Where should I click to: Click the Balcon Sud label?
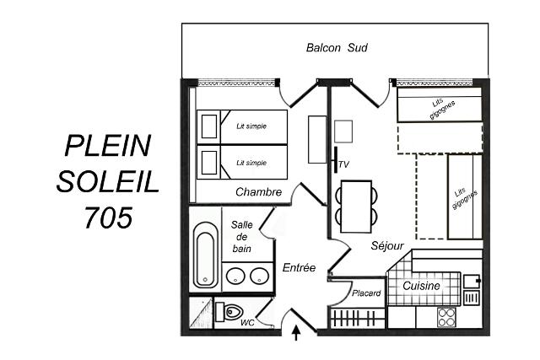click(337, 47)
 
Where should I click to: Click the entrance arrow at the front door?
click(296, 333)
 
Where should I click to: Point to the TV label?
click(343, 164)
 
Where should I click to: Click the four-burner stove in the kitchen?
click(446, 317)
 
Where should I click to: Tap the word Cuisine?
click(421, 286)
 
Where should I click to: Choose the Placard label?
click(366, 293)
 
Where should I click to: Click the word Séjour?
click(387, 245)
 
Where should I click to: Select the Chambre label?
click(259, 191)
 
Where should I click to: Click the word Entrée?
click(299, 267)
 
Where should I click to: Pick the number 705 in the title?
click(109, 218)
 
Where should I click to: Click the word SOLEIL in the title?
click(108, 181)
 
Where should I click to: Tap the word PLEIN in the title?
click(108, 145)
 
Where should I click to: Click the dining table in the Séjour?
click(356, 207)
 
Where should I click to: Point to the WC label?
click(247, 323)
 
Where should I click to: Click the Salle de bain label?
click(241, 236)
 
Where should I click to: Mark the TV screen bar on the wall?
click(336, 159)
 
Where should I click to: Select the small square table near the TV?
click(343, 132)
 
